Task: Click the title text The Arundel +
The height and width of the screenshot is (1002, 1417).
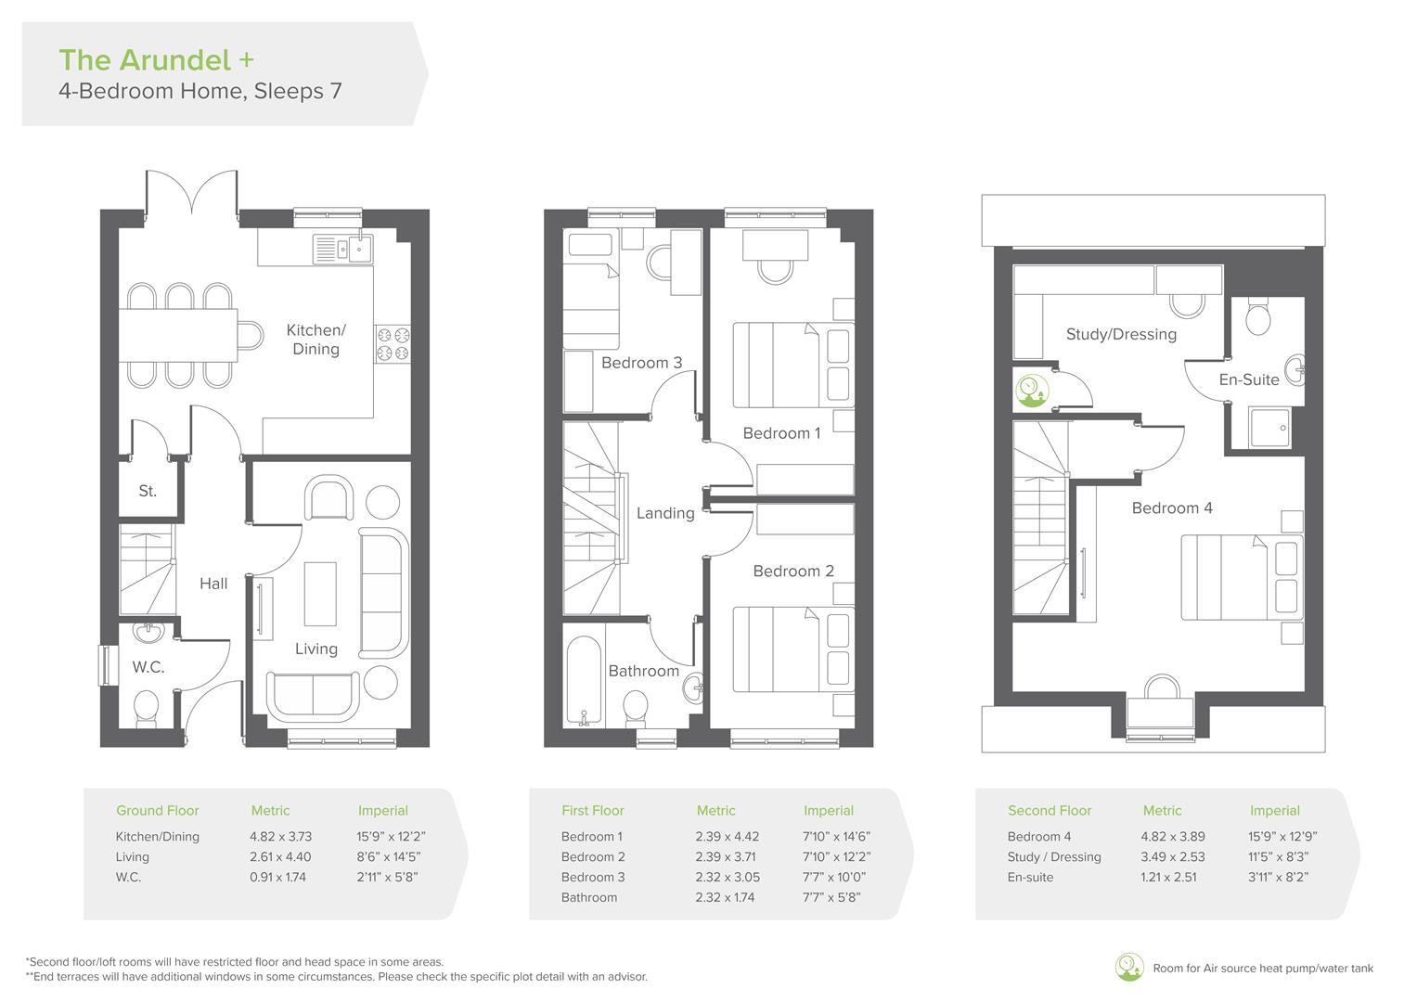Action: pyautogui.click(x=156, y=60)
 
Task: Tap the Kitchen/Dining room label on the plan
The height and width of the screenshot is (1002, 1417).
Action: pyautogui.click(x=316, y=340)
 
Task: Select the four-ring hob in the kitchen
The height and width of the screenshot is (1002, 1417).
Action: pyautogui.click(x=393, y=343)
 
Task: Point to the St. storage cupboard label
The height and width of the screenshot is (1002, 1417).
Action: pyautogui.click(x=148, y=491)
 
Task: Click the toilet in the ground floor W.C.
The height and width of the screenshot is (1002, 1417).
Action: pyautogui.click(x=148, y=710)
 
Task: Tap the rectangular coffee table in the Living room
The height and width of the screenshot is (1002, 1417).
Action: pyautogui.click(x=320, y=594)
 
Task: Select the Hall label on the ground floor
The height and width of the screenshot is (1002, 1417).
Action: pyautogui.click(x=213, y=584)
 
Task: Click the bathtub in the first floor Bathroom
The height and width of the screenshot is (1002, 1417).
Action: pyautogui.click(x=584, y=679)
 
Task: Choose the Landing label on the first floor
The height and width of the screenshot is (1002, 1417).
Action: pyautogui.click(x=665, y=513)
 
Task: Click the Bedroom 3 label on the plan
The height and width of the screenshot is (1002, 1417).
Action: pyautogui.click(x=641, y=363)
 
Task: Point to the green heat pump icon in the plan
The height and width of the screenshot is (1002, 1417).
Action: pyautogui.click(x=1029, y=390)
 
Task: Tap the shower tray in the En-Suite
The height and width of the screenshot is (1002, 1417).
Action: pyautogui.click(x=1267, y=429)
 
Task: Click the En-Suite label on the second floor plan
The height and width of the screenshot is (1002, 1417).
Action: pyautogui.click(x=1248, y=379)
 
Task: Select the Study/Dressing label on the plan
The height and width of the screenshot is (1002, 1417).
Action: pyautogui.click(x=1121, y=334)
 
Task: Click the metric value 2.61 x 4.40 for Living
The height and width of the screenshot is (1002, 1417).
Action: pyautogui.click(x=280, y=856)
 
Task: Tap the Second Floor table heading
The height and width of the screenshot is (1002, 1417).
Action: pyautogui.click(x=1050, y=810)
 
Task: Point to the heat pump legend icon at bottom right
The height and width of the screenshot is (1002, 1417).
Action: pyautogui.click(x=1129, y=968)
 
